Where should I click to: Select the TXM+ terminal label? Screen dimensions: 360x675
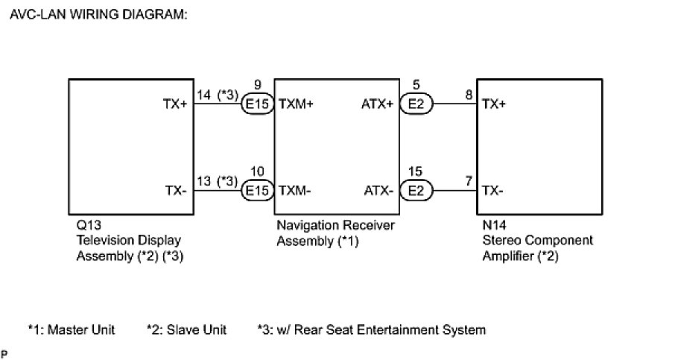point(295,105)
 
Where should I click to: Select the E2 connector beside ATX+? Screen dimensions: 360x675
point(416,105)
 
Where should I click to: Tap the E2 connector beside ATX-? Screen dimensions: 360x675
point(416,191)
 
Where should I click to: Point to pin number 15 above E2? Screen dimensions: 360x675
point(416,172)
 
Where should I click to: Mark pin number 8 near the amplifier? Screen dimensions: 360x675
point(468,95)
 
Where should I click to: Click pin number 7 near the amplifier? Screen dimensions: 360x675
point(468,181)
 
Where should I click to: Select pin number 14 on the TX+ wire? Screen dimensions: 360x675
point(203,95)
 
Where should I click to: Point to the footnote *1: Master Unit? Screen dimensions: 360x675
point(72,329)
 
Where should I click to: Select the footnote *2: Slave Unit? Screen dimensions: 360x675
point(186,329)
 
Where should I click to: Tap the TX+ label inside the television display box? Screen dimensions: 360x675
point(176,105)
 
